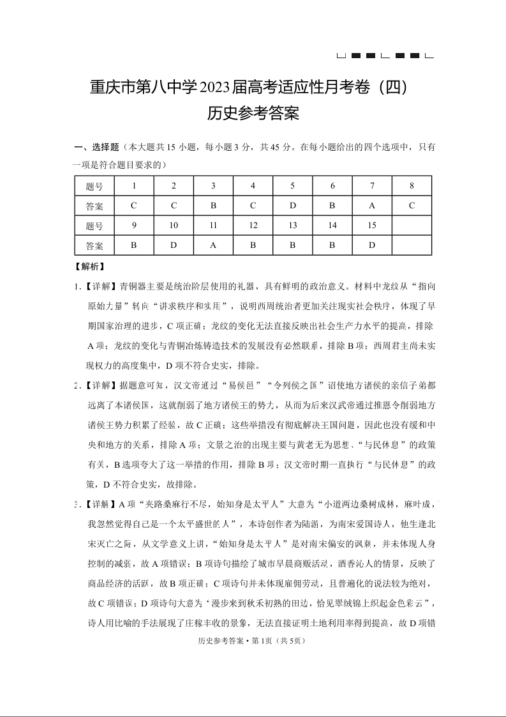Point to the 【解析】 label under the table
pyautogui.click(x=90, y=266)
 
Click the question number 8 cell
pyautogui.click(x=412, y=186)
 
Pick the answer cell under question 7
pyautogui.click(x=372, y=206)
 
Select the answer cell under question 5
pyautogui.click(x=292, y=206)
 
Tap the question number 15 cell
pyautogui.click(x=372, y=226)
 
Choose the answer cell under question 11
pyautogui.click(x=213, y=245)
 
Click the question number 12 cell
pyautogui.click(x=253, y=226)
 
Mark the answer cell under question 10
pyautogui.click(x=174, y=245)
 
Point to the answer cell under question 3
pyautogui.click(x=213, y=206)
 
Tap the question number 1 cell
pyautogui.click(x=134, y=186)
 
